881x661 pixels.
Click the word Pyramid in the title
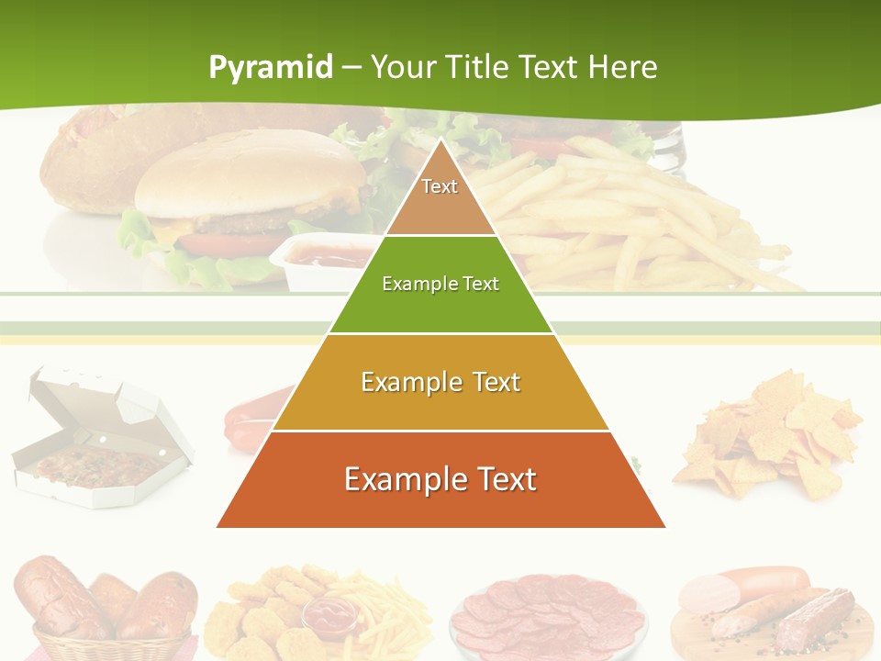click(270, 68)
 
